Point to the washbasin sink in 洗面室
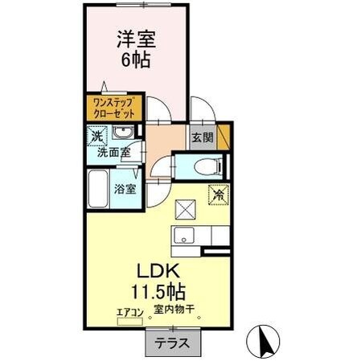[x=123, y=133]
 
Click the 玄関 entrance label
[x=202, y=137]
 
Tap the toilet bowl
[x=204, y=167]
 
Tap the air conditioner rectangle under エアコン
[x=131, y=322]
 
